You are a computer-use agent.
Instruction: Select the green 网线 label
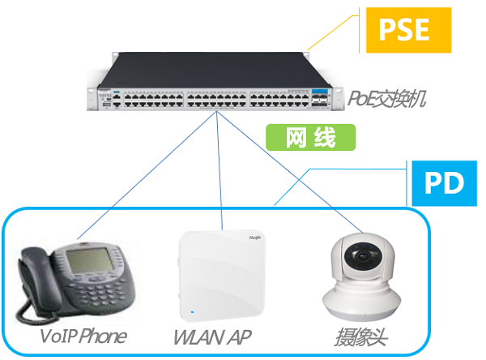point(310,139)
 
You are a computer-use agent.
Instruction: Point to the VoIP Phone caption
point(83,336)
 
